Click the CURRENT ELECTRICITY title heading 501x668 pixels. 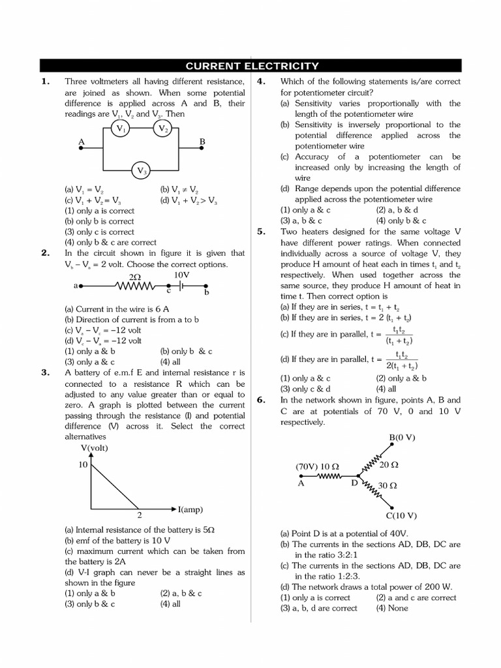click(x=252, y=66)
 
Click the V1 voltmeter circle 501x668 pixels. click(x=121, y=129)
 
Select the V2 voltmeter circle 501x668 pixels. click(x=163, y=129)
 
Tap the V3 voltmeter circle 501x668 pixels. click(x=142, y=171)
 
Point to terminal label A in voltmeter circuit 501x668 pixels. click(x=82, y=141)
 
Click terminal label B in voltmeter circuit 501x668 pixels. click(x=202, y=141)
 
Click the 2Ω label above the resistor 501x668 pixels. click(x=135, y=277)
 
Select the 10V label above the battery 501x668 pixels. click(x=181, y=275)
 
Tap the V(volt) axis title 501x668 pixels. click(x=95, y=448)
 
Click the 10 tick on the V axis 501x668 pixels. click(x=83, y=464)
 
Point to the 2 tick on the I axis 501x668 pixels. click(x=139, y=515)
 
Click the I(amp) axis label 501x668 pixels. click(x=192, y=508)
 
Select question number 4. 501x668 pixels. click(x=261, y=82)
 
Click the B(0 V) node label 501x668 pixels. click(x=402, y=437)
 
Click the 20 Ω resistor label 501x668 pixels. click(x=389, y=464)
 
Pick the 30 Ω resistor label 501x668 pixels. click(x=388, y=485)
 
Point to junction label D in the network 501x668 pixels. click(x=354, y=483)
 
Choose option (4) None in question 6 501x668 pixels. click(x=391, y=608)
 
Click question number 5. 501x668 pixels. click(x=261, y=232)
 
